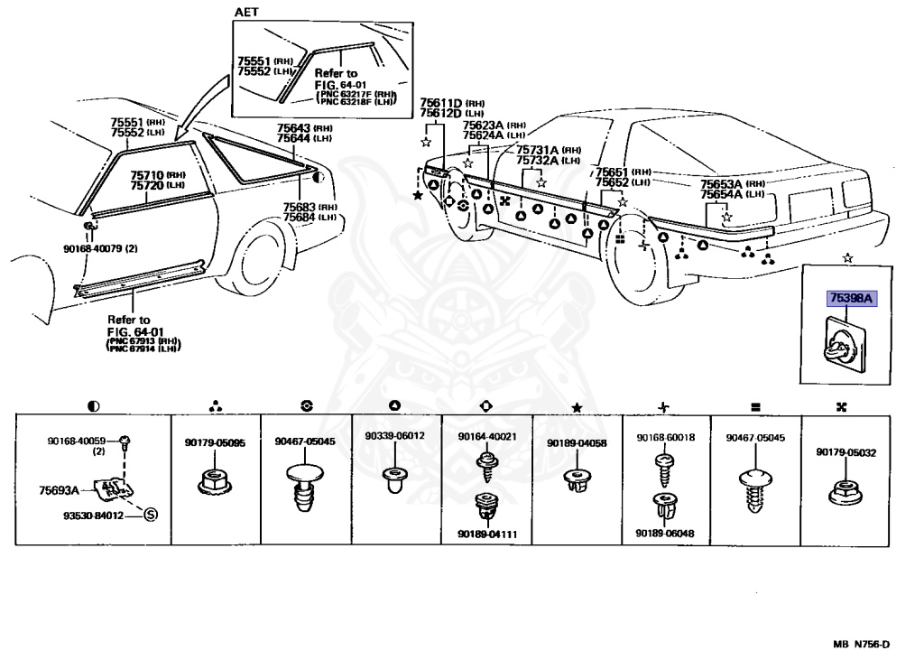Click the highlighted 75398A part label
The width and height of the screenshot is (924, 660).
(850, 297)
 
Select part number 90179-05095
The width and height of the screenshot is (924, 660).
(216, 443)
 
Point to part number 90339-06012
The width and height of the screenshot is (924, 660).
(395, 436)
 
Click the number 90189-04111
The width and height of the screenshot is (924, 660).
(486, 534)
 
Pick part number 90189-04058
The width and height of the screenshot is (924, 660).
(577, 443)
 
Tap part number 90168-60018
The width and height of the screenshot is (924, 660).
(666, 437)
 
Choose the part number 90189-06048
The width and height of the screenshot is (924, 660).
(666, 534)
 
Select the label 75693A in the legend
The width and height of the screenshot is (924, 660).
(56, 489)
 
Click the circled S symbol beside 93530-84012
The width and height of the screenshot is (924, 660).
(151, 515)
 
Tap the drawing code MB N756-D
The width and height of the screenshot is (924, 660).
(862, 644)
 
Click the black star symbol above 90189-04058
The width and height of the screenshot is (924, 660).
(577, 409)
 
